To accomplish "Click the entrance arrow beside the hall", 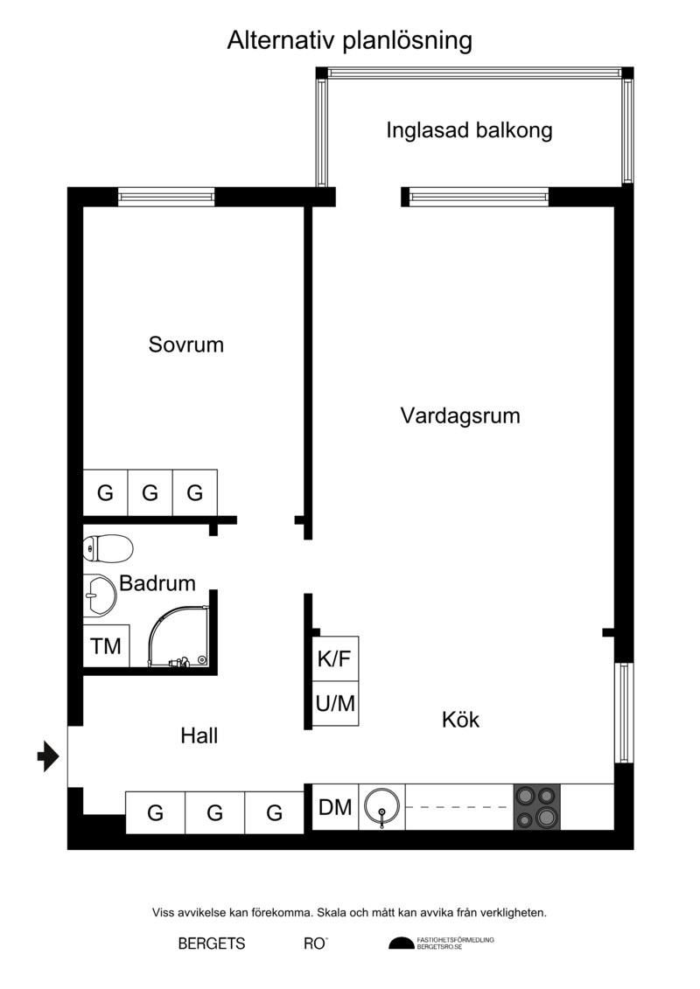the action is click(x=48, y=756).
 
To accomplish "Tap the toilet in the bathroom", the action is click(x=108, y=547).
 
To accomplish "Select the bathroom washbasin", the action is click(x=100, y=594).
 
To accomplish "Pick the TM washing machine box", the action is click(x=106, y=646).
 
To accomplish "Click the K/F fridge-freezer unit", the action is click(x=335, y=658).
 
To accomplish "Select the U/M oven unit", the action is click(x=335, y=703).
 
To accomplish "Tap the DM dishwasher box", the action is click(x=335, y=807).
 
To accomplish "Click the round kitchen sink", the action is click(x=381, y=807).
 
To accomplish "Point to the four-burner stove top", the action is click(x=536, y=807).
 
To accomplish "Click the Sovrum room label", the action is click(x=186, y=345).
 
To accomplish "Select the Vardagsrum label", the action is click(x=460, y=415).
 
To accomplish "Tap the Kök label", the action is click(x=461, y=719).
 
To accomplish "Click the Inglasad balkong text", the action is click(x=469, y=130).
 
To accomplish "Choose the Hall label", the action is click(x=199, y=735).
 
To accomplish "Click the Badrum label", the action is click(x=157, y=582).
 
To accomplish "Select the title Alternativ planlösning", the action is click(x=350, y=40).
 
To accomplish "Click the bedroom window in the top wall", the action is click(x=166, y=197).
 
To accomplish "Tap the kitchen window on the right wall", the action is click(x=624, y=713).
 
